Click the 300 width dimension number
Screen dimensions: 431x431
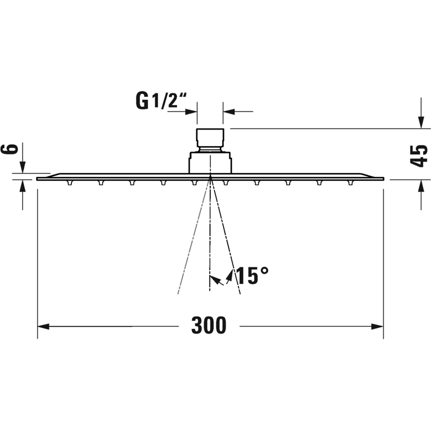tap(209, 326)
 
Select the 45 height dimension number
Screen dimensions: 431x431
tap(419, 155)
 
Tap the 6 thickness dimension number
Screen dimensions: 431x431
tap(13, 149)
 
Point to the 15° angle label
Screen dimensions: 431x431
tap(252, 276)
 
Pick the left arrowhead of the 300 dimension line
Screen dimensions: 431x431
tap(43, 326)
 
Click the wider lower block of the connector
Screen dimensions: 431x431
tap(210, 162)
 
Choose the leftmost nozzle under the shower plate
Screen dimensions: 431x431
tap(69, 183)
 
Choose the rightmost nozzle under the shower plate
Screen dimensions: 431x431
tap(350, 183)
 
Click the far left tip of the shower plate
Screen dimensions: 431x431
tap(37, 178)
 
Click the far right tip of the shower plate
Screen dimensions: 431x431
tap(383, 178)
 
